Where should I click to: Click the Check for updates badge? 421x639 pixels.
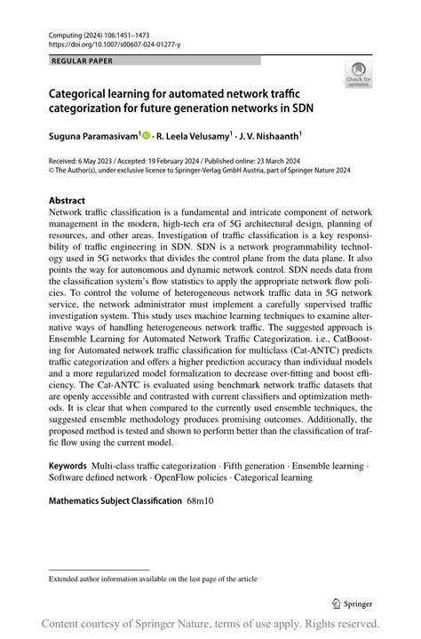[358, 74]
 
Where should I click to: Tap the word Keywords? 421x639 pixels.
[68, 465]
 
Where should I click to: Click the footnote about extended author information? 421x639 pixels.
[153, 579]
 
